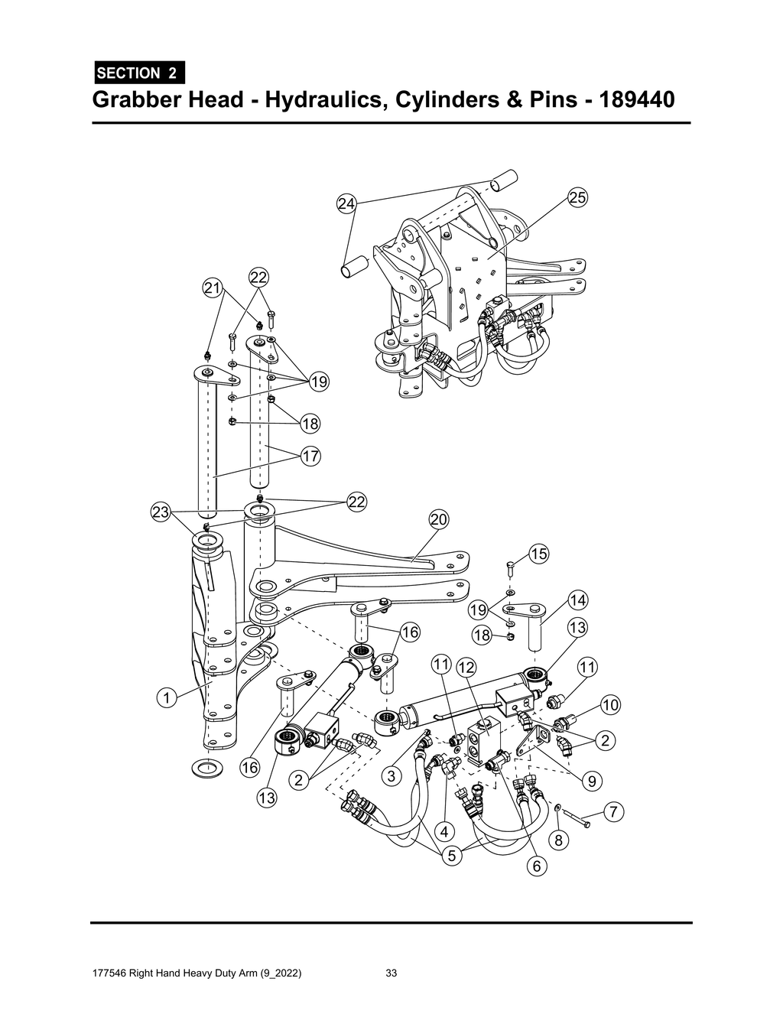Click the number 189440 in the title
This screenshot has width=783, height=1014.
pos(638,100)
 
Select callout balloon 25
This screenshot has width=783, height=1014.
pos(577,197)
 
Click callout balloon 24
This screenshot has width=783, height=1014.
pos(346,203)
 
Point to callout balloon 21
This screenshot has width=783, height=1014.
pos(212,288)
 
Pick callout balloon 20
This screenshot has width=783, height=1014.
pos(438,519)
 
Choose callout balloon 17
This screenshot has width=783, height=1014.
pos(310,457)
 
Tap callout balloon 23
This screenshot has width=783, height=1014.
pos(160,512)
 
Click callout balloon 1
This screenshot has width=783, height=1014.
pos(164,697)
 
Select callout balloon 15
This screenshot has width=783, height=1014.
pos(538,554)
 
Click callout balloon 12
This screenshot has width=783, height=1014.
pos(466,667)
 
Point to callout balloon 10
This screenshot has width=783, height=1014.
pos(609,704)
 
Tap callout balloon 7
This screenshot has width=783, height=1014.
pos(612,811)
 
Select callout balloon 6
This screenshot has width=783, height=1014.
pos(536,866)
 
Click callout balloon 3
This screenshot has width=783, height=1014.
pos(391,776)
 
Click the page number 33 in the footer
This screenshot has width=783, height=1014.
pos(391,973)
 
